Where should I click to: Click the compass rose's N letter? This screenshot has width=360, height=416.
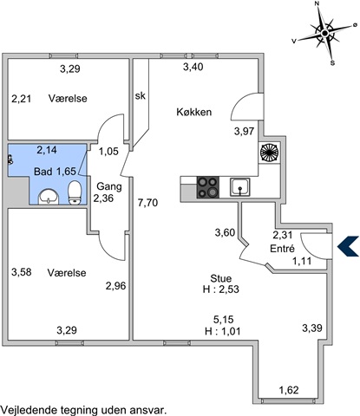tap(317, 3)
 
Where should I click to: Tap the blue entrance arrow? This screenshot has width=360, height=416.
tap(346, 246)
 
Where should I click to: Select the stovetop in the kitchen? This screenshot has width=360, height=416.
tap(207, 187)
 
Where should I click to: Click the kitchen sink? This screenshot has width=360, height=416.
tap(240, 187)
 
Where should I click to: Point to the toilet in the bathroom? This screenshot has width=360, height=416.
tap(75, 192)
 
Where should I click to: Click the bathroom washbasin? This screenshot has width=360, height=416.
tap(49, 197)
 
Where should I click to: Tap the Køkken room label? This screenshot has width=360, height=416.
tap(194, 112)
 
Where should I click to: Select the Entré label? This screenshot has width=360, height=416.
tap(282, 249)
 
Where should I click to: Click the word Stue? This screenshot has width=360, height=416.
tap(221, 278)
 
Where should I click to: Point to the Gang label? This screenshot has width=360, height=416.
tap(109, 186)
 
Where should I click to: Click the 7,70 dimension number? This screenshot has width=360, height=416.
tap(147, 203)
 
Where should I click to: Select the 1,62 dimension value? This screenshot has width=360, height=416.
tap(289, 390)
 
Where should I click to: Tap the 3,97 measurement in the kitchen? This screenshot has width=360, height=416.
tap(244, 132)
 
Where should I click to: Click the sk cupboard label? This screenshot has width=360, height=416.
tap(141, 95)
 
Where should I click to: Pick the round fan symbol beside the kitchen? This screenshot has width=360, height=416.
tap(270, 153)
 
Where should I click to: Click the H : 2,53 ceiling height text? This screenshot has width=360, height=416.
tap(221, 289)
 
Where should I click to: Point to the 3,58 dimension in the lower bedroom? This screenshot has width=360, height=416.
tap(22, 272)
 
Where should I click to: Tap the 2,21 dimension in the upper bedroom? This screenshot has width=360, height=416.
tap(22, 99)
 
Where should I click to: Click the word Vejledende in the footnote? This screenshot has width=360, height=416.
tap(29, 410)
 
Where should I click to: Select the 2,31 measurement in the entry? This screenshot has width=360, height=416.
tap(283, 235)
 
